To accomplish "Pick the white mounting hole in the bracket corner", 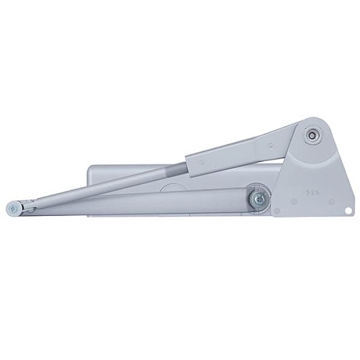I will [x=348, y=211].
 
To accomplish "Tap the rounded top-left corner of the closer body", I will [x=91, y=171].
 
